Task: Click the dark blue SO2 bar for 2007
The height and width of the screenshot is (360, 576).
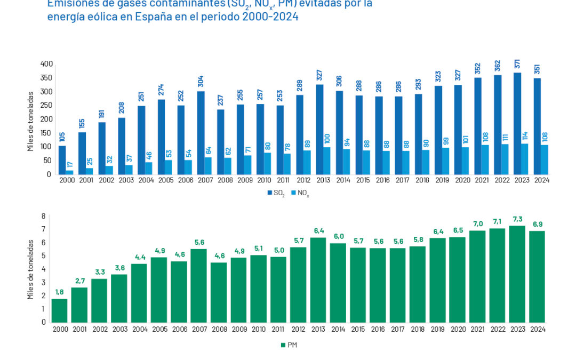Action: [201, 132]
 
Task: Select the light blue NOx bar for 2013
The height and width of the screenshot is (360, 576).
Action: [327, 161]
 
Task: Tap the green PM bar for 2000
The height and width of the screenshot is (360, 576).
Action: [59, 310]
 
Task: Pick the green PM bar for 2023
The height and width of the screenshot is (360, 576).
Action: [517, 274]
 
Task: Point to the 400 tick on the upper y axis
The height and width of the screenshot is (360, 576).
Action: [46, 64]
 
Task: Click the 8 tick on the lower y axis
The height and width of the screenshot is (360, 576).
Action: [44, 217]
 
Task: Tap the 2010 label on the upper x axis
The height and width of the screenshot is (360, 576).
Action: [264, 180]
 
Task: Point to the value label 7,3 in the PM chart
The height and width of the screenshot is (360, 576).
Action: [517, 220]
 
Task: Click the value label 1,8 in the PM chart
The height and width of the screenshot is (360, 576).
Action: [59, 293]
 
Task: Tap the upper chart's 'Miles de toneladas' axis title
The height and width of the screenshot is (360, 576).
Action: [31, 121]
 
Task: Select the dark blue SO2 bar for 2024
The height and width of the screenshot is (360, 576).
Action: [537, 126]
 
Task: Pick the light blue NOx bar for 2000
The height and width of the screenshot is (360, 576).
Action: [70, 172]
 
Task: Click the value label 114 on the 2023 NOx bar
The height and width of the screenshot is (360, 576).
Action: [525, 136]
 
